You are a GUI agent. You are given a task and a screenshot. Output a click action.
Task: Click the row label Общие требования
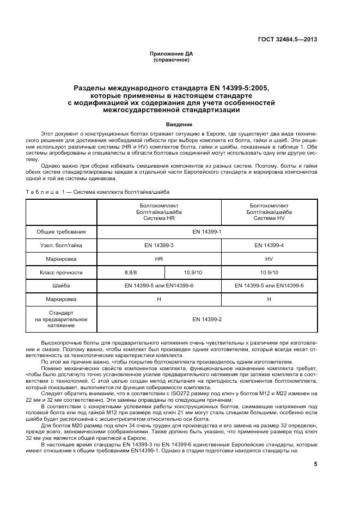pos(62,231)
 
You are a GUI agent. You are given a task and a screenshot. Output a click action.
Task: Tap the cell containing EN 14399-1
pos(207,231)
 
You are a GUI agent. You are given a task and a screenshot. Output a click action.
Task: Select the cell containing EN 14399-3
pos(159,246)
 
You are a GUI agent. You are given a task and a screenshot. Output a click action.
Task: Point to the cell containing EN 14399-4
pos(269,246)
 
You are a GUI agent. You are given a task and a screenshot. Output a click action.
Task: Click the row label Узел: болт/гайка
pos(62,246)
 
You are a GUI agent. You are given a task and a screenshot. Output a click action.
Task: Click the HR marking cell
pos(159,259)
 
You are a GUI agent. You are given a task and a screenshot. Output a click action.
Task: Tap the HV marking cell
pos(269,259)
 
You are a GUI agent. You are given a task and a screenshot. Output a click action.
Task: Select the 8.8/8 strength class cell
pos(131,272)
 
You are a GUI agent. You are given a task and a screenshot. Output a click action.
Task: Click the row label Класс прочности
pos(62,272)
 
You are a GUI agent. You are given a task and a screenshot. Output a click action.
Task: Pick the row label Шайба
pos(62,286)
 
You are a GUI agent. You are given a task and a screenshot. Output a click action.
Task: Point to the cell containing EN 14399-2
pos(207,319)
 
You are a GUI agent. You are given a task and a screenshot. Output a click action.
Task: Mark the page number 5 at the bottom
pos(315,464)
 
